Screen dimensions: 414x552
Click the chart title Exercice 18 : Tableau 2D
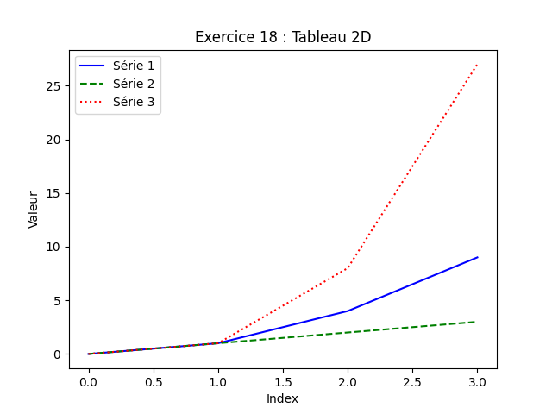[x=283, y=37]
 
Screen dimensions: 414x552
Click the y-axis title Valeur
[x=34, y=210]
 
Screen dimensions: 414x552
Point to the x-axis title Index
[x=282, y=398]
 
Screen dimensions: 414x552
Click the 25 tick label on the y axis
[x=53, y=86]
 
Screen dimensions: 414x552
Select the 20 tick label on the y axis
[x=53, y=140]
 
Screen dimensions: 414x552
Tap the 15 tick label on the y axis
[x=53, y=193]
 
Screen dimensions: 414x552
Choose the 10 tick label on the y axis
[x=53, y=247]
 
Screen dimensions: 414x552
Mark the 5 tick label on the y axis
[x=56, y=301]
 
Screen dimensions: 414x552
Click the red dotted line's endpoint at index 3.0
[x=477, y=65]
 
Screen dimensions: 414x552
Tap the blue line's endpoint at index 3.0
[x=477, y=257]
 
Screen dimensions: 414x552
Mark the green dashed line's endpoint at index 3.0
[x=477, y=322]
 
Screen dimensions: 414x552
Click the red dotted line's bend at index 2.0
[x=348, y=268]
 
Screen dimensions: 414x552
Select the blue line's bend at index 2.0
[x=348, y=310]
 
